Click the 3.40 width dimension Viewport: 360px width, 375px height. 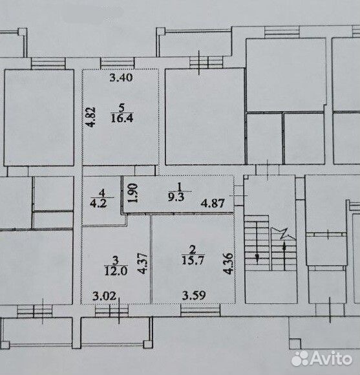(121, 78)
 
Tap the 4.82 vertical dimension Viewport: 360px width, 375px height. (91, 117)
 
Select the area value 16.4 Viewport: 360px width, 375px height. (122, 118)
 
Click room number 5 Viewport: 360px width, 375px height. (122, 108)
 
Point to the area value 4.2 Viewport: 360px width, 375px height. (98, 204)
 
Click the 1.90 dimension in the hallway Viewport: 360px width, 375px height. (133, 193)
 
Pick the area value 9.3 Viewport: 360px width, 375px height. (176, 197)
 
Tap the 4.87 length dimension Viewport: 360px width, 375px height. (213, 203)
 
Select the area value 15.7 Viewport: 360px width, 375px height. (193, 261)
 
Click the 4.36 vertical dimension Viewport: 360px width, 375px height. (228, 263)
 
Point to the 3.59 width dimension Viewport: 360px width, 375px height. (194, 295)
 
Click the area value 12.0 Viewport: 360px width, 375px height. (116, 271)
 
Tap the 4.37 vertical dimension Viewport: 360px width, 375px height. (143, 263)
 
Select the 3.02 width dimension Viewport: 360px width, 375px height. (104, 296)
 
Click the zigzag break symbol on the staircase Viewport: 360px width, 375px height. (284, 233)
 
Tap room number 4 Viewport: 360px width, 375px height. (102, 193)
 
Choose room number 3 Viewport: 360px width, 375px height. (116, 260)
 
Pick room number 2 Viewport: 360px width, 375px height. (193, 250)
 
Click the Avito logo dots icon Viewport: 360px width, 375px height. (300, 358)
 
